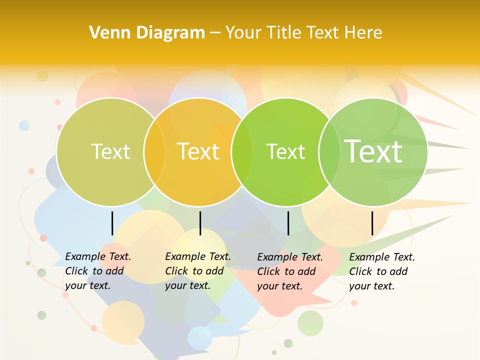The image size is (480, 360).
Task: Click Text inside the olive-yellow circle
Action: (x=110, y=151)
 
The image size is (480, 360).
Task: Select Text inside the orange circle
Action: (x=198, y=151)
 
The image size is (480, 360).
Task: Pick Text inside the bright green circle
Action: (x=285, y=151)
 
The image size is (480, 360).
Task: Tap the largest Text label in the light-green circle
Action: (x=373, y=151)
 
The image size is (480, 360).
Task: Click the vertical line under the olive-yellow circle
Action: (x=112, y=223)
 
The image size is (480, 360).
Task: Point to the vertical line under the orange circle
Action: (x=200, y=223)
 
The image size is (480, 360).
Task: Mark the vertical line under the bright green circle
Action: (x=288, y=223)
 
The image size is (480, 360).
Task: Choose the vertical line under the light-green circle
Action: (x=372, y=223)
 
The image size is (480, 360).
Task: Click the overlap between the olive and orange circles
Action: (x=154, y=152)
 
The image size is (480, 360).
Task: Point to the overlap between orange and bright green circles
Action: (x=242, y=152)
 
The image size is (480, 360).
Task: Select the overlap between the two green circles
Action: (x=329, y=152)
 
